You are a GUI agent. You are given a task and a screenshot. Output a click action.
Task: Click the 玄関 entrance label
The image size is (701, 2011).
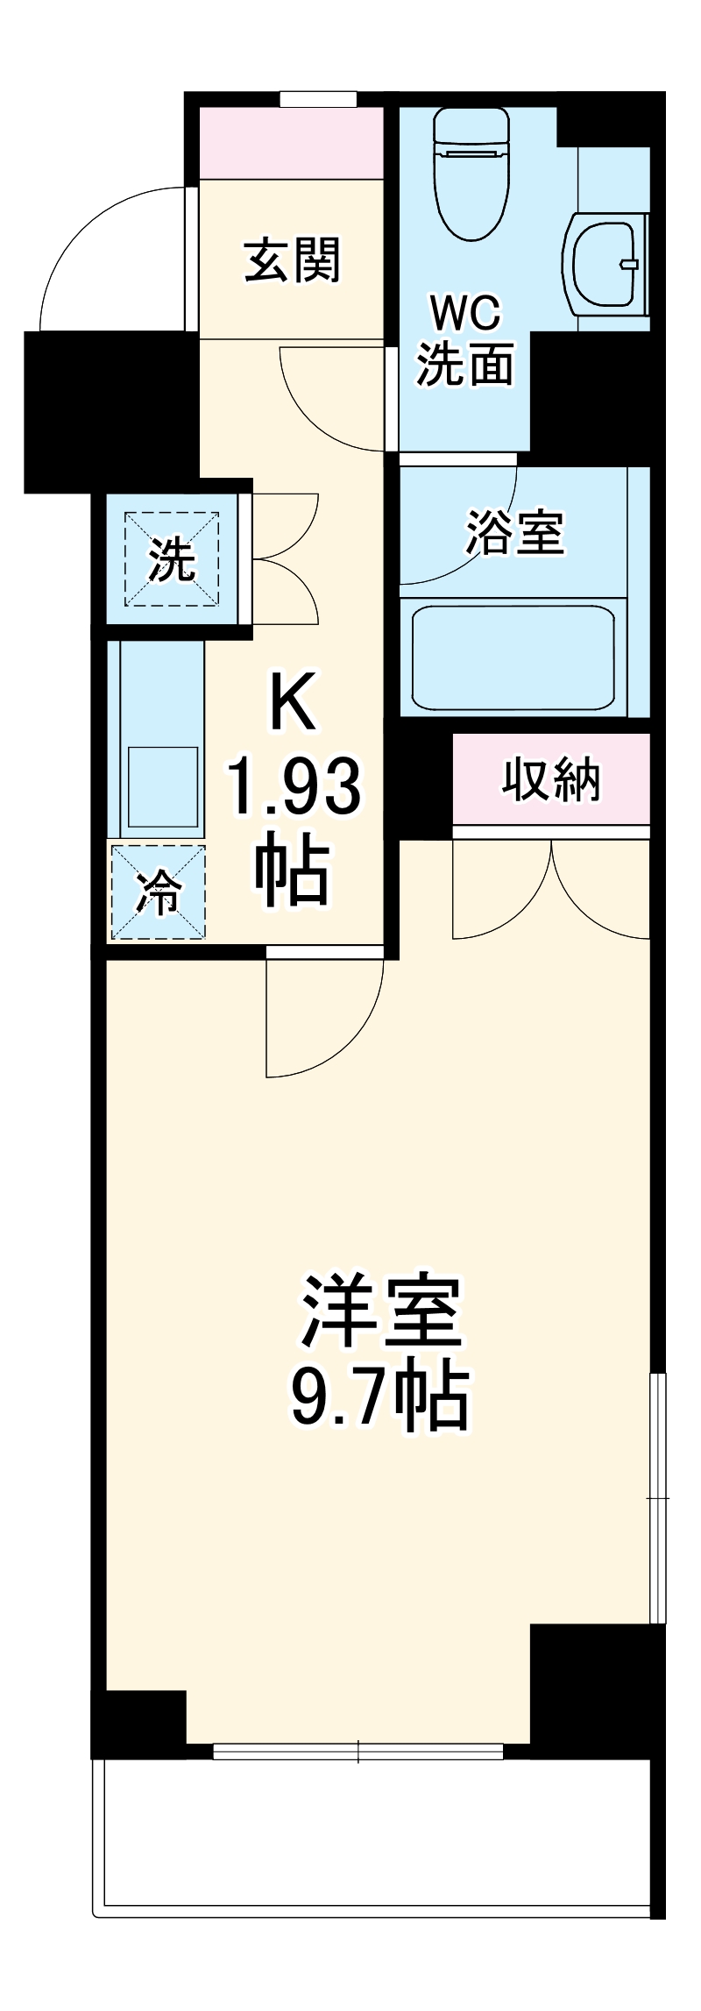[x=292, y=260]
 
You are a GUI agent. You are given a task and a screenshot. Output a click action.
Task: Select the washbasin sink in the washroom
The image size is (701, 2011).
[x=605, y=262]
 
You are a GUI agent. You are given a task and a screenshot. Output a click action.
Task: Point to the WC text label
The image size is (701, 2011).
[x=464, y=312]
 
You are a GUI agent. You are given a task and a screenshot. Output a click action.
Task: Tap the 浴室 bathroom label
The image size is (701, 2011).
[x=514, y=532]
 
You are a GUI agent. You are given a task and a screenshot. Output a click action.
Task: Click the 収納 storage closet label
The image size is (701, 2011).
[x=551, y=779]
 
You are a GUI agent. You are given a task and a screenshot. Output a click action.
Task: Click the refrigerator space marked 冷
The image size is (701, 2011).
[x=158, y=892]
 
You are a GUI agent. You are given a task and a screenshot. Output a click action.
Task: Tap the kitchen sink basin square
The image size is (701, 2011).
[x=163, y=785]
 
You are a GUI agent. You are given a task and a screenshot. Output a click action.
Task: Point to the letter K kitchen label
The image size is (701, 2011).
[x=293, y=702]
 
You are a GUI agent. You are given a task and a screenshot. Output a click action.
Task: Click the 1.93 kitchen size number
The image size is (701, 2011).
[x=294, y=786]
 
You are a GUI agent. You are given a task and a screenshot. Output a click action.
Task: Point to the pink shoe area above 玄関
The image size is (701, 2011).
[x=291, y=143]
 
